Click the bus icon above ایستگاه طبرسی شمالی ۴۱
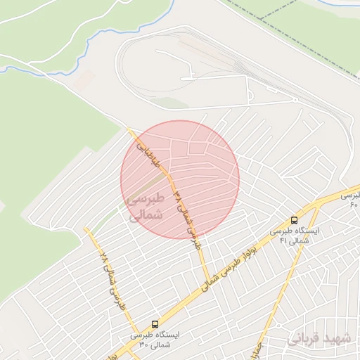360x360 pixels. click(x=294, y=220)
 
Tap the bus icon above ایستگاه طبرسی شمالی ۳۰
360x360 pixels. click(x=155, y=324)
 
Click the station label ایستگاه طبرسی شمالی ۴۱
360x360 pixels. click(x=295, y=236)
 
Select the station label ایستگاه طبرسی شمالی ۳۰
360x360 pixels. click(x=155, y=340)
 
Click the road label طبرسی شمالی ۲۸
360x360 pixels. click(x=110, y=281)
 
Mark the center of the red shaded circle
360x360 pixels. click(x=180, y=179)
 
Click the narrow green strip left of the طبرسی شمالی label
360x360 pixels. click(x=116, y=211)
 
